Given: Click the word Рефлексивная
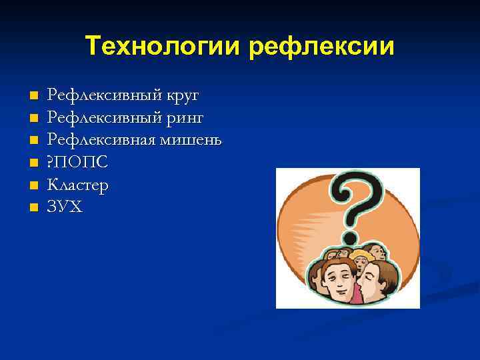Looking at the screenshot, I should [x=97, y=140].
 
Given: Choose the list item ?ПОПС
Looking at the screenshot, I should [x=77, y=163].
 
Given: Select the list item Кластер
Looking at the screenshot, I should [x=77, y=185].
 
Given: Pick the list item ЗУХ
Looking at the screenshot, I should [x=65, y=207].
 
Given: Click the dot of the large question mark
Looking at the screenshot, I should [x=350, y=239].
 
